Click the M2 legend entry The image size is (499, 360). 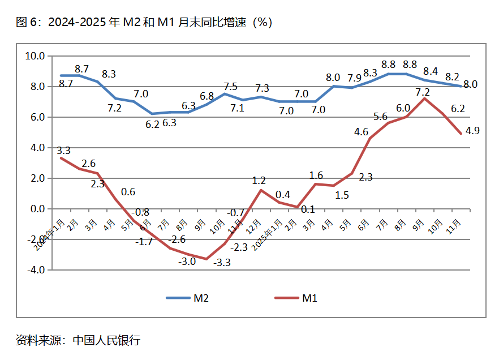point(187,298)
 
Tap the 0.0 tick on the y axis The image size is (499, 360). point(37,209)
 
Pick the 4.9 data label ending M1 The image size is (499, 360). point(472,131)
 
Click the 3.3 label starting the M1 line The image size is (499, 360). point(63,151)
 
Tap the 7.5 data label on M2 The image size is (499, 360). point(230,87)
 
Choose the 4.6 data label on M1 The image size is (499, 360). point(362,132)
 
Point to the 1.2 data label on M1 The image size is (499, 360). point(259,181)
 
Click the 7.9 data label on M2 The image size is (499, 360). point(354,78)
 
